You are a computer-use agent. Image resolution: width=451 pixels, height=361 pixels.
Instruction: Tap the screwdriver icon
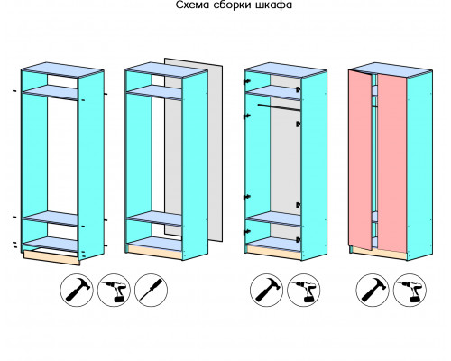pyautogui.click(x=151, y=290)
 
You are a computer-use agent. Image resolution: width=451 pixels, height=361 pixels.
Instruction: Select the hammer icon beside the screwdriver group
pyautogui.click(x=77, y=290)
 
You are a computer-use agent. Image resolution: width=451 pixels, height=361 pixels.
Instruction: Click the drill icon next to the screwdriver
pyautogui.click(x=114, y=290)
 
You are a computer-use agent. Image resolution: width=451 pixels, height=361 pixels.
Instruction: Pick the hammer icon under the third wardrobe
pyautogui.click(x=266, y=290)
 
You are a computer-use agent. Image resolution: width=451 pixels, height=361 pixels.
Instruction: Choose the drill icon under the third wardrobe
pyautogui.click(x=304, y=290)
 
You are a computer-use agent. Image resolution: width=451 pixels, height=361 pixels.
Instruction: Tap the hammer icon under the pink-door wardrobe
pyautogui.click(x=373, y=290)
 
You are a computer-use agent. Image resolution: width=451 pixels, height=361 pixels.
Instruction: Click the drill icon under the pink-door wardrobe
pyautogui.click(x=410, y=290)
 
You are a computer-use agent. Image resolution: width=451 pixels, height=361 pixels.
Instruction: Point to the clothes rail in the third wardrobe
pyautogui.click(x=279, y=107)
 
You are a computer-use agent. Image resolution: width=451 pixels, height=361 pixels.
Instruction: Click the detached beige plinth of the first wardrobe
pyautogui.click(x=51, y=258)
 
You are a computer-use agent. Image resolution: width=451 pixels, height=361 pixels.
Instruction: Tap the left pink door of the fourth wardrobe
pyautogui.click(x=361, y=160)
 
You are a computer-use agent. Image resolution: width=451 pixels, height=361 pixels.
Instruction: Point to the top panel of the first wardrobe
pyautogui.click(x=62, y=69)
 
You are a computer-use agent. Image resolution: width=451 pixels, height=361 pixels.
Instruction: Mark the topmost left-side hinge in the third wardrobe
pyautogui.click(x=247, y=81)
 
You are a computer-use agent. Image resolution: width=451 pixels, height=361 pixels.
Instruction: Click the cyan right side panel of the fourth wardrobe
pyautogui.click(x=419, y=165)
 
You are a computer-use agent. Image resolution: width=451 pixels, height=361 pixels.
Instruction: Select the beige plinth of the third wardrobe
pyautogui.click(x=274, y=252)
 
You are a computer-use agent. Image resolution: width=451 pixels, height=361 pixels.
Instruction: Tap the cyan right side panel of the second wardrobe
pyautogui.click(x=195, y=165)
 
